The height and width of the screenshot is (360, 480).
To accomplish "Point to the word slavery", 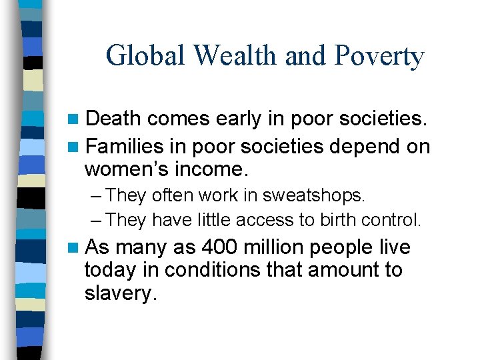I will [x=121, y=293].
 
